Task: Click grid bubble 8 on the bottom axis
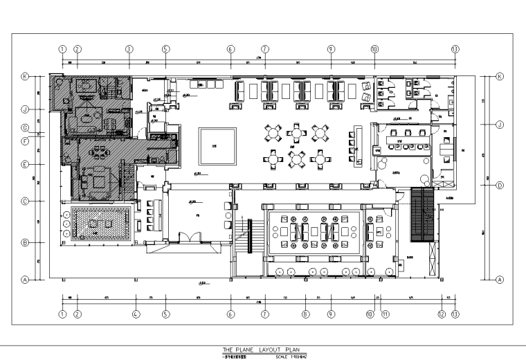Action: click(x=305, y=314)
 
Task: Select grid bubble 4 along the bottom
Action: click(x=136, y=314)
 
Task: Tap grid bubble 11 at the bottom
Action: click(x=386, y=314)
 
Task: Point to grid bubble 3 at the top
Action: click(x=129, y=49)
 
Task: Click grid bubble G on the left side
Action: click(x=25, y=128)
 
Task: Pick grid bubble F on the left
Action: click(x=25, y=141)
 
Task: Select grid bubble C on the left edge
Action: click(x=25, y=202)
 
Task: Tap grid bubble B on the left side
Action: click(x=25, y=243)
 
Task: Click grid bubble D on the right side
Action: click(x=499, y=185)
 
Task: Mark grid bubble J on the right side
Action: click(x=499, y=124)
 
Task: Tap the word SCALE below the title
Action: click(x=280, y=357)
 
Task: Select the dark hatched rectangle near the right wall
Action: click(x=421, y=215)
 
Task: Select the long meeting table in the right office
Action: click(x=407, y=138)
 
